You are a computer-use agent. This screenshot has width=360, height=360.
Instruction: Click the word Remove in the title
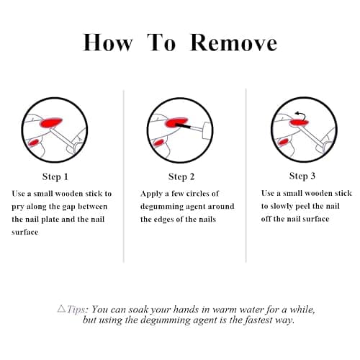(x=233, y=42)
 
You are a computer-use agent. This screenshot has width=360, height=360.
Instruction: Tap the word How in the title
(x=107, y=42)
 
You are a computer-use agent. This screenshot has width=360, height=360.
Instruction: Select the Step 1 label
(x=55, y=177)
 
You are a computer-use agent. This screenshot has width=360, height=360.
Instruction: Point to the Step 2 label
(x=181, y=177)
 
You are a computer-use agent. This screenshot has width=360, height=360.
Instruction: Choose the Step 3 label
(x=302, y=176)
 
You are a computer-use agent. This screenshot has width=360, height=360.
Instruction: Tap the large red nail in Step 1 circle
(x=51, y=122)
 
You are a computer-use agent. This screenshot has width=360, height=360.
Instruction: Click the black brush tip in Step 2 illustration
(x=183, y=125)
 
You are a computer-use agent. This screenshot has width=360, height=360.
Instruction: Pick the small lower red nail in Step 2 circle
(x=158, y=143)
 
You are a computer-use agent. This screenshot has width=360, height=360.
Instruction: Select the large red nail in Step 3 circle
(x=299, y=123)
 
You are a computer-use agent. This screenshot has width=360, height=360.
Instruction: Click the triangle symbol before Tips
(x=62, y=309)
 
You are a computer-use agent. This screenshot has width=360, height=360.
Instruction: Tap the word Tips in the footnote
(x=76, y=310)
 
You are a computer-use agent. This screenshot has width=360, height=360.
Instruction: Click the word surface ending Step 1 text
(x=25, y=233)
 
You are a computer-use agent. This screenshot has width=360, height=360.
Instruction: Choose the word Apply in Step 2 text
(x=151, y=194)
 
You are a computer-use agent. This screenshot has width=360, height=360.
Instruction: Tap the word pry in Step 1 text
(x=17, y=207)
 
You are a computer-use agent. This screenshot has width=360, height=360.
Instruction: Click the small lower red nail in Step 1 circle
(x=34, y=143)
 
